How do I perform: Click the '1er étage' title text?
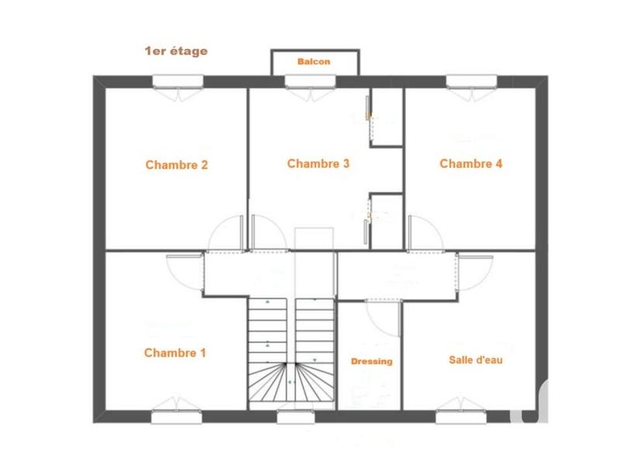tap(175, 51)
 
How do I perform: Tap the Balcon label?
tap(314, 61)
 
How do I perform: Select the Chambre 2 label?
tap(176, 165)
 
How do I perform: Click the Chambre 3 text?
tap(318, 164)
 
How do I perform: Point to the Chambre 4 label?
tap(471, 164)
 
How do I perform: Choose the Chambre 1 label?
tap(175, 353)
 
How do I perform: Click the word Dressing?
tap(371, 362)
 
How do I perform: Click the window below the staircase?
tap(292, 416)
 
